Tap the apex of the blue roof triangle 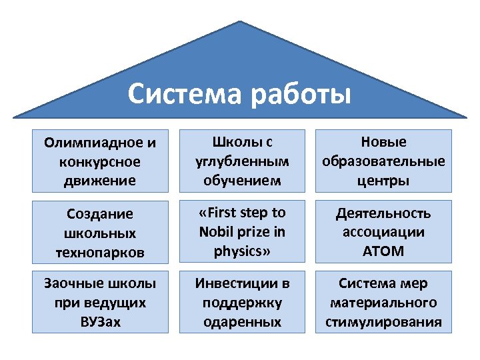(x=240, y=22)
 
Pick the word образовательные (x=383, y=162)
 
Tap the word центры (x=383, y=181)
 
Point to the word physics (x=236, y=252)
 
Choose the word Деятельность (x=383, y=214)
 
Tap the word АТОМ (x=383, y=252)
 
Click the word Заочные (x=72, y=284)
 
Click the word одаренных (x=241, y=323)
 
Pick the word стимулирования (x=383, y=323)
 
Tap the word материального (x=383, y=303)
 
